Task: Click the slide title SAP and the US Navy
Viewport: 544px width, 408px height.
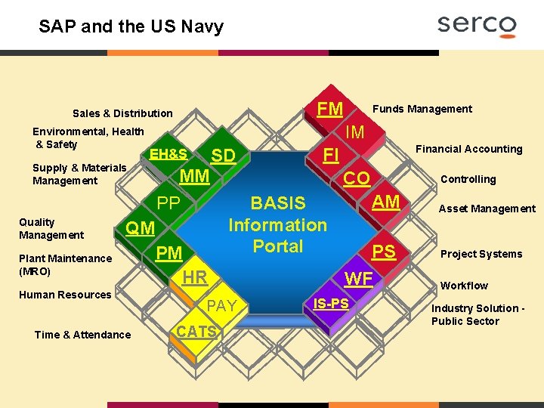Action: click(131, 27)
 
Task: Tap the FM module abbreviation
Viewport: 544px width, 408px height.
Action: click(329, 109)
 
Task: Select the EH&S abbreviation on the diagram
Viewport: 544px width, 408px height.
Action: click(168, 153)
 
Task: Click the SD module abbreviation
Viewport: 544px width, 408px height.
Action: click(224, 156)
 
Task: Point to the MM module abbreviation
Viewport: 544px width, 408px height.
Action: click(195, 177)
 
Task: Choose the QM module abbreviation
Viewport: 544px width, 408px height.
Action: click(140, 228)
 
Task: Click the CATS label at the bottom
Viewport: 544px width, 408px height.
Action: click(196, 331)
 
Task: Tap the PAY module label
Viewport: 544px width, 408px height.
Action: click(221, 306)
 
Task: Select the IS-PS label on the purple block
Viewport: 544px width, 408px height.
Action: click(332, 303)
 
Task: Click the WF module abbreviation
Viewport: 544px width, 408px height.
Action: click(358, 279)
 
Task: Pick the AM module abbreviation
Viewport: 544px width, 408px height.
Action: click(386, 202)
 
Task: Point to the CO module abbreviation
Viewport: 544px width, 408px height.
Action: click(357, 178)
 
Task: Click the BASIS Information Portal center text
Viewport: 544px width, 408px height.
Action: click(277, 224)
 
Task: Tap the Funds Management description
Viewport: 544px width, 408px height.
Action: click(423, 109)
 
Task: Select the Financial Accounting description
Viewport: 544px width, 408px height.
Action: click(469, 149)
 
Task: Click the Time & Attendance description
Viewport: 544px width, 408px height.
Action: click(82, 335)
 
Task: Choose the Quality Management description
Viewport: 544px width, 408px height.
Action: click(51, 228)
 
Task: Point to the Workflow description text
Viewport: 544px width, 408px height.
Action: click(464, 286)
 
